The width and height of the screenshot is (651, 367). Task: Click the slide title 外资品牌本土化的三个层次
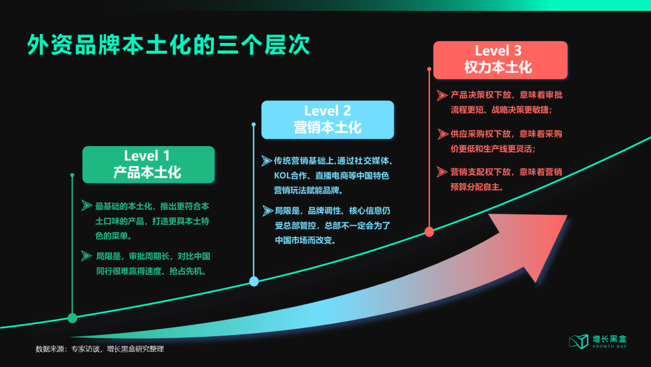pyautogui.click(x=169, y=45)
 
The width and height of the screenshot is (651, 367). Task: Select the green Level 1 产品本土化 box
pyautogui.click(x=148, y=164)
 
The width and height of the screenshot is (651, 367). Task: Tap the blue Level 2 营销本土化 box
pyautogui.click(x=327, y=119)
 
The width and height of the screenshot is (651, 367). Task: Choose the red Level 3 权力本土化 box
pyautogui.click(x=500, y=59)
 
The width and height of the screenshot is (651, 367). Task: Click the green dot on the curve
pyautogui.click(x=72, y=318)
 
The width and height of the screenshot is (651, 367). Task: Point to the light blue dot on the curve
pyautogui.click(x=254, y=281)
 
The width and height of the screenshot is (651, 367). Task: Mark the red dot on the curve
pyautogui.click(x=429, y=231)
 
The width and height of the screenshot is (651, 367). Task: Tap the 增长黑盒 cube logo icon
pyautogui.click(x=579, y=341)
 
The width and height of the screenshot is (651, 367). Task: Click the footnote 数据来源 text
pyautogui.click(x=99, y=349)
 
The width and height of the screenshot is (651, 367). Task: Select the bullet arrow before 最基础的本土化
pyautogui.click(x=87, y=206)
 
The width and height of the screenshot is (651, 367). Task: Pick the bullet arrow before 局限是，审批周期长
pyautogui.click(x=87, y=256)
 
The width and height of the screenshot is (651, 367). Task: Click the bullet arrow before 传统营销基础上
pyautogui.click(x=266, y=161)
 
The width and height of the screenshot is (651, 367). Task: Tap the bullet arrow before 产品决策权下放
pyautogui.click(x=442, y=95)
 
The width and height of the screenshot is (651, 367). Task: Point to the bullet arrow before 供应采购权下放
pyautogui.click(x=442, y=134)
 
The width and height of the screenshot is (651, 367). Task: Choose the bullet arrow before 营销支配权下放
pyautogui.click(x=442, y=172)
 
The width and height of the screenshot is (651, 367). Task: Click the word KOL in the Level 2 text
pyautogui.click(x=283, y=176)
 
